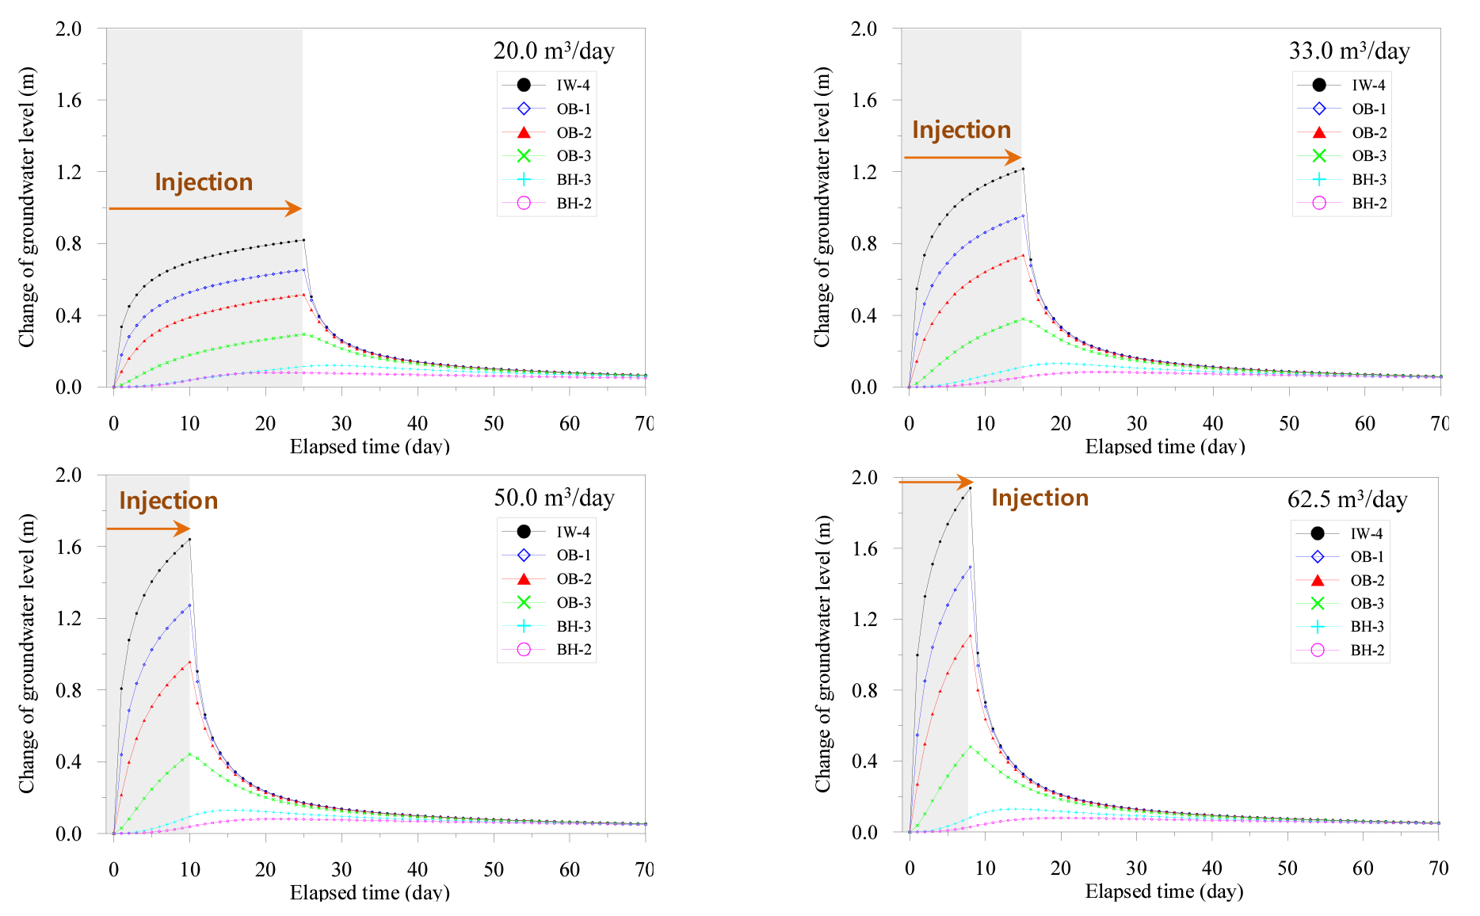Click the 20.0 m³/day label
coord(553,51)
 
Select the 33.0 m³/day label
coord(1348,51)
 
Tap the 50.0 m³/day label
coord(553,498)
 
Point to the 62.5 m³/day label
coord(1347,499)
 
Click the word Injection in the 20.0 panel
coord(204,182)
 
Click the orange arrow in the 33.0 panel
coord(962,157)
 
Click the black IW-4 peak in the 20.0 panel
coord(303,240)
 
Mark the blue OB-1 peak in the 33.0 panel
coord(1023,216)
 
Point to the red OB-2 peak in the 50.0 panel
coord(189,662)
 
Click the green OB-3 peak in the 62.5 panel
coord(970,746)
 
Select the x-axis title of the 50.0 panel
coord(369,893)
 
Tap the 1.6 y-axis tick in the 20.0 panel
coord(69,100)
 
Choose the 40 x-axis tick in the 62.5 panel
coord(1212,868)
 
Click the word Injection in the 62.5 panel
coord(1039,498)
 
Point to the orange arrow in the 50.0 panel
coord(148,529)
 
